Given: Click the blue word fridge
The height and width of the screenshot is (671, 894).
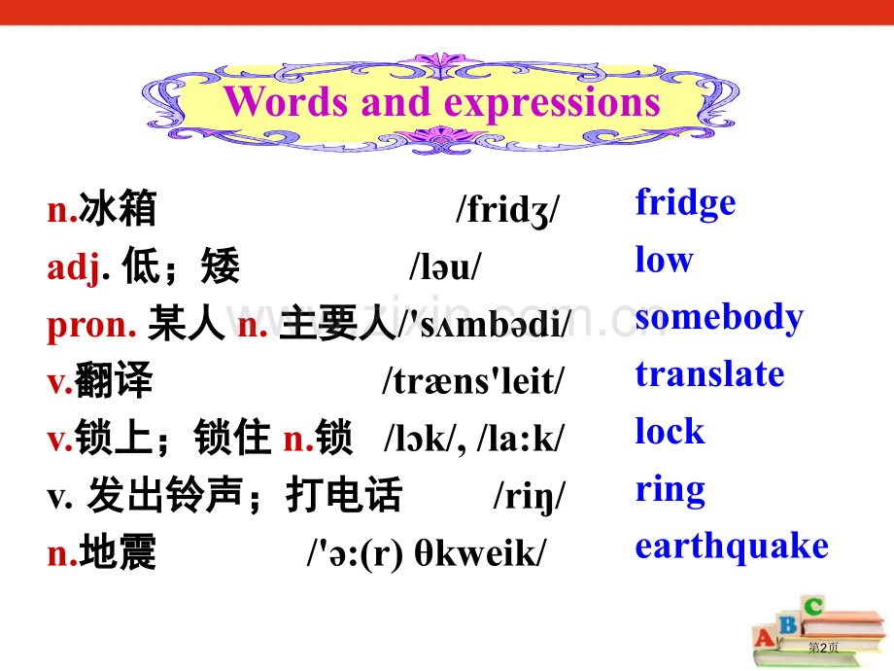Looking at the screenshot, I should tap(685, 204).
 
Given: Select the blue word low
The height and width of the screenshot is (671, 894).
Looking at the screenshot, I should tap(664, 261).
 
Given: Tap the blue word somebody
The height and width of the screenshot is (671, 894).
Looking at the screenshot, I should tap(719, 318).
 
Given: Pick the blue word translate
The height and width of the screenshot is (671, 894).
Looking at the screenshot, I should tap(709, 374).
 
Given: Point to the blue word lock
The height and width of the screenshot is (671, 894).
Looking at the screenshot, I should tap(670, 432).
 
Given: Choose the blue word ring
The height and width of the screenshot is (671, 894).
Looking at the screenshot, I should tap(670, 490).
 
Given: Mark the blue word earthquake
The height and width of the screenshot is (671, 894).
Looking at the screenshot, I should tap(732, 547).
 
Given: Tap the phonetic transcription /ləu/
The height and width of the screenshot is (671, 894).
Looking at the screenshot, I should tap(445, 267).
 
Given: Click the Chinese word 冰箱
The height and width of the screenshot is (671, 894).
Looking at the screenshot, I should tap(118, 209).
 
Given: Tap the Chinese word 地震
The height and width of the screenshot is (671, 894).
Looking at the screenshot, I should tap(118, 553).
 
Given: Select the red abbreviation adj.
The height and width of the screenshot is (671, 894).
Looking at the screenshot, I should tap(74, 267).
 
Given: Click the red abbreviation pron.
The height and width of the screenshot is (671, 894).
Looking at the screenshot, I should tap(91, 325).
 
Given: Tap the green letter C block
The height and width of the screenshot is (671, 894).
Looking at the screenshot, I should tap(813, 608).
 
